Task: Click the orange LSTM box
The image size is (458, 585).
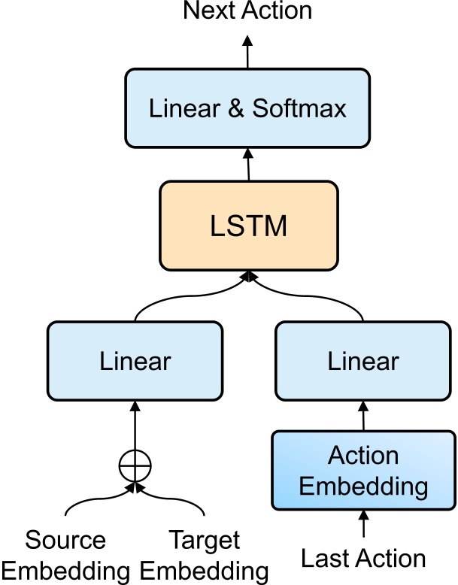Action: (x=247, y=226)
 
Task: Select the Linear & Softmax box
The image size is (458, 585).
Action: (x=247, y=108)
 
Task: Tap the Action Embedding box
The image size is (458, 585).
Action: (x=363, y=470)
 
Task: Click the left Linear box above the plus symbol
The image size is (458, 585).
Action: (x=135, y=362)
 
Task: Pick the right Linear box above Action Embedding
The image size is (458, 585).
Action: (x=363, y=362)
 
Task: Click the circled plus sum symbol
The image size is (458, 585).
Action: (x=135, y=467)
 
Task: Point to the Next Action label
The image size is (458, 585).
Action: (x=247, y=11)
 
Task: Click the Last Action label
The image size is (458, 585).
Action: (x=363, y=559)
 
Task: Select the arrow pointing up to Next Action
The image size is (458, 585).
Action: (x=247, y=49)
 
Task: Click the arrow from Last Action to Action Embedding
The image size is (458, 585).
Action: (x=363, y=523)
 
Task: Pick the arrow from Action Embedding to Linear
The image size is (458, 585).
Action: (x=363, y=416)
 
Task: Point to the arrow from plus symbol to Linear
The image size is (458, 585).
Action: (x=135, y=426)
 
